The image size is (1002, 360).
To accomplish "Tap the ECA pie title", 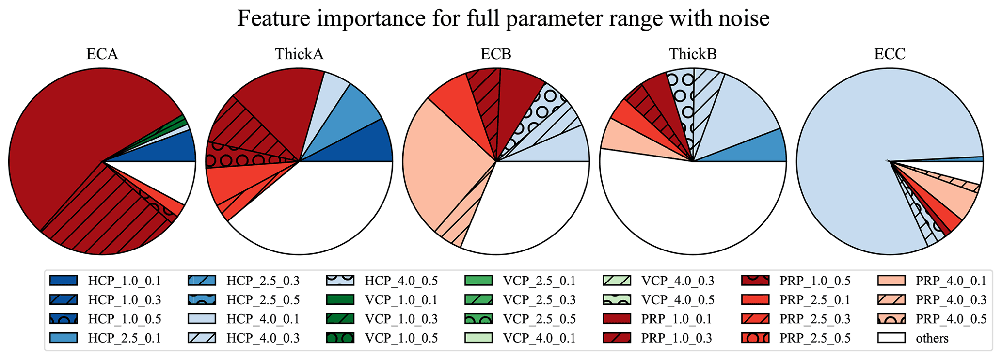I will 102,54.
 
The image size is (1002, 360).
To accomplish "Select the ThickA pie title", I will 299,54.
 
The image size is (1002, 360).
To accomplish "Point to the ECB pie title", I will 496,54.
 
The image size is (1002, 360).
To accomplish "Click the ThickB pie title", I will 693,54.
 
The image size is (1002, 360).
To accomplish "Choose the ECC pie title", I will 890,54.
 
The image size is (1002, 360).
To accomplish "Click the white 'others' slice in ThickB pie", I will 688,208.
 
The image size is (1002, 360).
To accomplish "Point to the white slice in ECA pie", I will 165,179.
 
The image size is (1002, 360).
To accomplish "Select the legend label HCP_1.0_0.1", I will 124,281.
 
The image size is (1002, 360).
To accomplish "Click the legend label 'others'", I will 932,338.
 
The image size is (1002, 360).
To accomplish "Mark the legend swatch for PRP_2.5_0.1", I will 755,300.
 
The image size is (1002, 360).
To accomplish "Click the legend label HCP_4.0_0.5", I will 401,281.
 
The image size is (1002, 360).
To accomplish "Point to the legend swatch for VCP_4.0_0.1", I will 478,338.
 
